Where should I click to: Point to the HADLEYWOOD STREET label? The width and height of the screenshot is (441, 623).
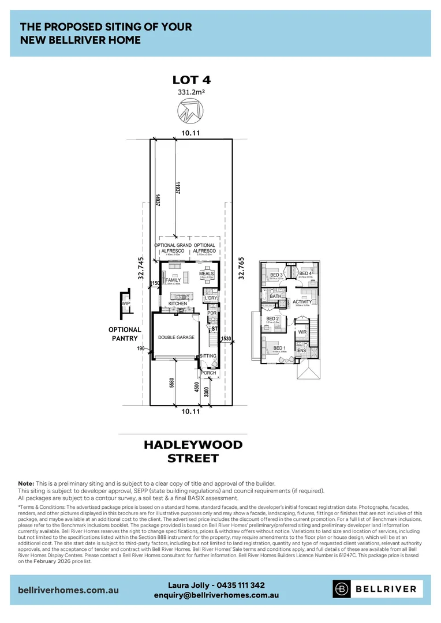pos(193,451)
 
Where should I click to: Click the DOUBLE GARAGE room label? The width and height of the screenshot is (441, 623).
pos(176,337)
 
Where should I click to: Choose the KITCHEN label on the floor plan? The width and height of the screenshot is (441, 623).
pos(178,303)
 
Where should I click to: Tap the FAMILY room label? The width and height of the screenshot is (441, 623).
pos(173,280)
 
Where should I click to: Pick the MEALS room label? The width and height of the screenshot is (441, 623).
pos(207,273)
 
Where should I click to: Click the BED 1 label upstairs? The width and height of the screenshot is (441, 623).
pos(280,348)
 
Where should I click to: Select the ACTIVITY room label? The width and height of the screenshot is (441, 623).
pos(302,302)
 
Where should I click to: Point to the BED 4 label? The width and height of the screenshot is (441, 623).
pos(305,274)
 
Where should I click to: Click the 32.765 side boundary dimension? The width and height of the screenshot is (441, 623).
pos(241,268)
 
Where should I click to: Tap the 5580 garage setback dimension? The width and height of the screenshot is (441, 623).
pos(172,383)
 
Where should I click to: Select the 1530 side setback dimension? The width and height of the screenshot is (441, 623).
pos(226,339)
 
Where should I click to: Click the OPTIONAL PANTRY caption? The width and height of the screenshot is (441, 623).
pos(124,334)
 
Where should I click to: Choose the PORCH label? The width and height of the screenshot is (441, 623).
pos(208,373)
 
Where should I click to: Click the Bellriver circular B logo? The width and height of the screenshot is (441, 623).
pos(343,588)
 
